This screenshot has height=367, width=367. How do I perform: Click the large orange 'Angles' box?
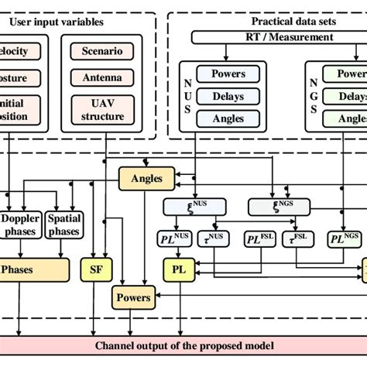coord(146,179)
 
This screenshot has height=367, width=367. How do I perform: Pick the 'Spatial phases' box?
coord(64,225)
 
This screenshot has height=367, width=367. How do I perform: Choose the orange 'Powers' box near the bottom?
coord(132,297)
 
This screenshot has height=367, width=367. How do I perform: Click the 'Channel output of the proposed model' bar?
coord(183,345)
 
